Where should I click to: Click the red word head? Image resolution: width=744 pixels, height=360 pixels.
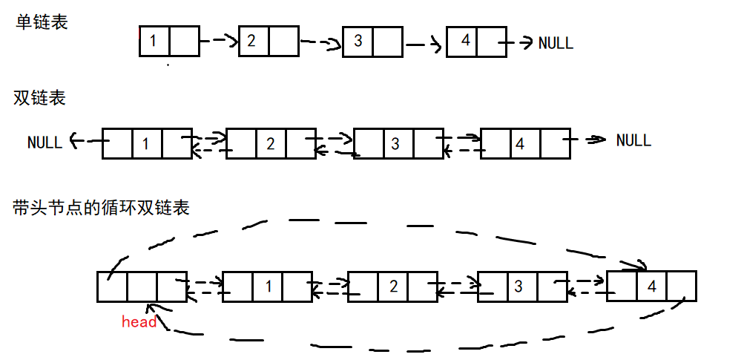pos(139,321)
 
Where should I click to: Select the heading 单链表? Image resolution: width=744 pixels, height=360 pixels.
pos(42,22)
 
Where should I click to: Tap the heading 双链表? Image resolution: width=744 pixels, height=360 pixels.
pos(39,98)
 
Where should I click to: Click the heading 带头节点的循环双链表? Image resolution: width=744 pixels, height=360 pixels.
pos(101,208)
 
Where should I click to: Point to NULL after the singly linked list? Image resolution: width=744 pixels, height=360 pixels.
pos(556,43)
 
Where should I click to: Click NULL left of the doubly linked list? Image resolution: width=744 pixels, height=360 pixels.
pos(45,143)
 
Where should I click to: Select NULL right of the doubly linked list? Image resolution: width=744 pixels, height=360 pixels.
pos(633,140)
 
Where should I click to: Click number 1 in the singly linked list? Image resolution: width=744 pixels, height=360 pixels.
pos(153,42)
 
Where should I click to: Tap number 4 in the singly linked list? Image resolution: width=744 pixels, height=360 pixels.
pos(466,41)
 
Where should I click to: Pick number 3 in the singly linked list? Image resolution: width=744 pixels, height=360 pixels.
pos(358,41)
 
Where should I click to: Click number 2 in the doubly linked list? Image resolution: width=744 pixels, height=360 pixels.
pos(271,143)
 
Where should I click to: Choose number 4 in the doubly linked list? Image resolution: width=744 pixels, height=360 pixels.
pos(520,143)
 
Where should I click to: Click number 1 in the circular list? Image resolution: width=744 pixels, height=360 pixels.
pos(269,287)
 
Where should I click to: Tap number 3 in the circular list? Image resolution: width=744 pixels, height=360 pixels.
pos(519,287)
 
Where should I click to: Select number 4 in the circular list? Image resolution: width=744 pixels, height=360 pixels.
pos(652,287)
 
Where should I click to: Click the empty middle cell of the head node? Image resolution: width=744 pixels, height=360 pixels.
pos(142,287)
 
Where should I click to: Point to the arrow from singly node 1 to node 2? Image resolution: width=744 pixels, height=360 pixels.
pos(219,41)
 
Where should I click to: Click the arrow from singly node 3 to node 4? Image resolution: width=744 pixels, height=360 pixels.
pos(424,45)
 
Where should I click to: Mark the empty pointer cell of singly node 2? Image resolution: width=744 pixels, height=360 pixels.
pos(284,42)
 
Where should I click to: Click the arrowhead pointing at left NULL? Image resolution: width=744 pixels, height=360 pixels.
pos(74,140)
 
